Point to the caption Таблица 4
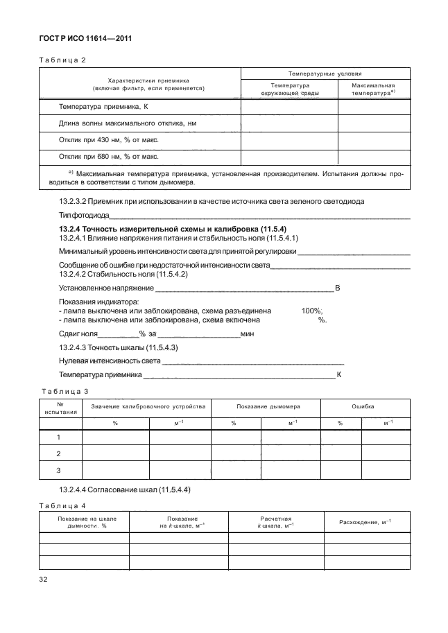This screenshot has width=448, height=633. tap(62, 504)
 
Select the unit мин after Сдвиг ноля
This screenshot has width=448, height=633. tap(248, 333)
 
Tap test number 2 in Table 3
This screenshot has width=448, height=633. tap(59, 453)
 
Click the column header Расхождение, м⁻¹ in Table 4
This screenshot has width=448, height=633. tap(365, 521)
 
